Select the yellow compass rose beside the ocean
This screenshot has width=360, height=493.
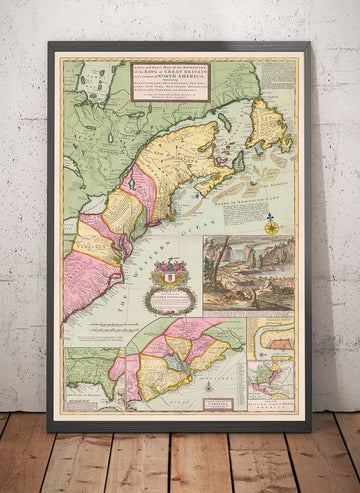pyautogui.click(x=271, y=228)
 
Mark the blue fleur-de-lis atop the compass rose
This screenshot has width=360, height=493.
pyautogui.click(x=271, y=215)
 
